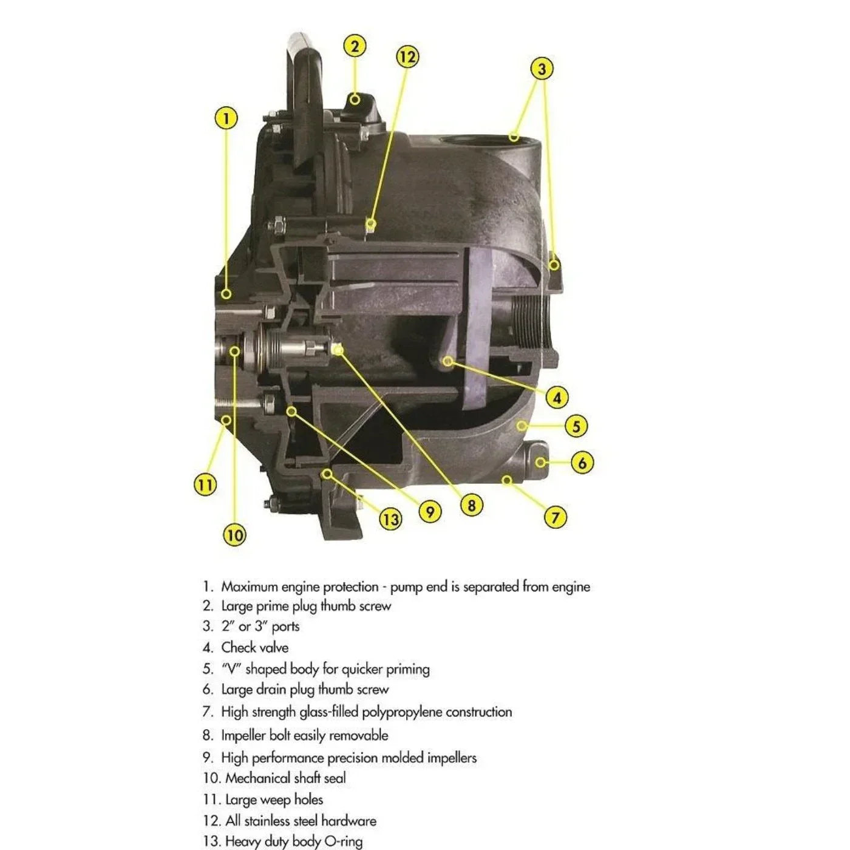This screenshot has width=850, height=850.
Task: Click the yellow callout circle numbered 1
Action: tap(226, 118)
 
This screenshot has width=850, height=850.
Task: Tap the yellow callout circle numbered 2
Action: tap(355, 46)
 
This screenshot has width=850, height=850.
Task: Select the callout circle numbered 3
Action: tap(542, 68)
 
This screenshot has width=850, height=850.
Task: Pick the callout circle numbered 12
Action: tap(407, 57)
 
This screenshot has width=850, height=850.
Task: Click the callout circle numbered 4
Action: tap(557, 398)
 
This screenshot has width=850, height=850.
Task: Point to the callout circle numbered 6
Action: tap(582, 463)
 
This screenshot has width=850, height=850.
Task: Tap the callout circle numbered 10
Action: tap(234, 535)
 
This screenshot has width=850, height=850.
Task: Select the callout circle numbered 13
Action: tap(390, 519)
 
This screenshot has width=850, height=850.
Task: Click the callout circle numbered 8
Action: tap(471, 505)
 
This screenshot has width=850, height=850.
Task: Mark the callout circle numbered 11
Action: tap(205, 484)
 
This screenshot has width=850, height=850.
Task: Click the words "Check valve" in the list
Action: tap(254, 647)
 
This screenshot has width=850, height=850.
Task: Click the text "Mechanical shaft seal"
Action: tap(285, 778)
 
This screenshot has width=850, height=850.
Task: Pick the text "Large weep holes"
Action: tap(274, 800)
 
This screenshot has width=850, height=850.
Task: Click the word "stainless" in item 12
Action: tap(272, 821)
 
